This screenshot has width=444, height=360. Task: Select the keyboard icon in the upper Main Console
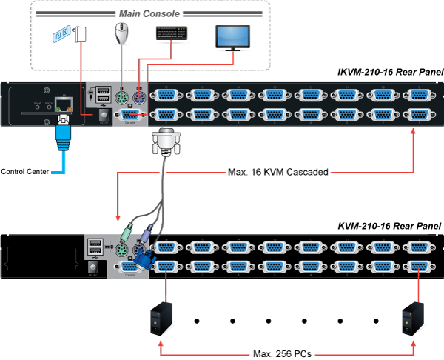pos(172,33)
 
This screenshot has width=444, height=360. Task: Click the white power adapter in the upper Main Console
pos(81,35)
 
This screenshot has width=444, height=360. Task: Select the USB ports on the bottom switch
pos(95,247)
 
